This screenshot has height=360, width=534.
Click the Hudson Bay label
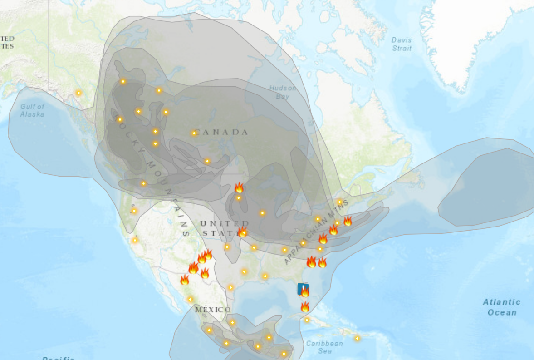coord(282,92)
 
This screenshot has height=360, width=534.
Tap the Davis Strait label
coord(402,44)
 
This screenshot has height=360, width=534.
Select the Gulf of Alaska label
coord(32,110)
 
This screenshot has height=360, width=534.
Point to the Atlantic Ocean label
coord(501,307)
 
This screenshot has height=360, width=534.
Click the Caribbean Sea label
coord(324,347)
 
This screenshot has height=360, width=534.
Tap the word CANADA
coord(222,132)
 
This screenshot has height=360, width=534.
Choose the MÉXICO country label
coord(213,310)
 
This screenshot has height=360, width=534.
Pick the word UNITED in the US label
coord(224,223)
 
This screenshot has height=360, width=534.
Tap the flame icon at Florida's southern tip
coord(305,307)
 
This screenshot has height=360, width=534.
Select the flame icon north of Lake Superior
coord(239,187)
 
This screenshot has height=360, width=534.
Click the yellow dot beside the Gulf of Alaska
coord(78,93)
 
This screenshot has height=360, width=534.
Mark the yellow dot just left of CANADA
coord(194,133)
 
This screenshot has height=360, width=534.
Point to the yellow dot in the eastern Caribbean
coord(357,338)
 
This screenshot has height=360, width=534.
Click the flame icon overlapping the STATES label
coord(243,232)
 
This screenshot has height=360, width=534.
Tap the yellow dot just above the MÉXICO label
coord(191,299)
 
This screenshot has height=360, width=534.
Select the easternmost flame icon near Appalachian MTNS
coord(348,221)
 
